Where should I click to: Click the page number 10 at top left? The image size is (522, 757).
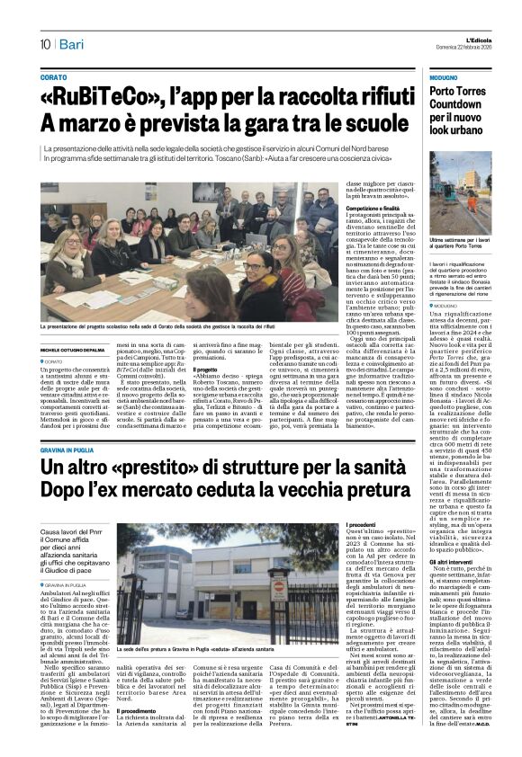tap(45, 44)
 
